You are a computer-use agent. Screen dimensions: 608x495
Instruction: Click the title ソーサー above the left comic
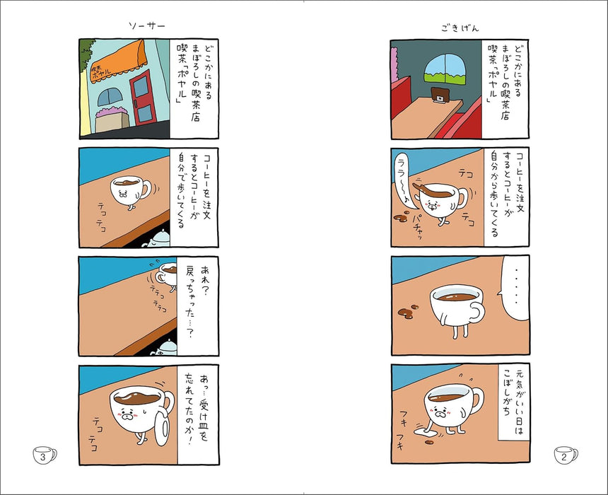pos(147,25)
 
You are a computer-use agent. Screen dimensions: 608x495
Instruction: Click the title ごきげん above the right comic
pos(460,28)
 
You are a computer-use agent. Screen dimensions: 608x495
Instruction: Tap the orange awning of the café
pos(119,62)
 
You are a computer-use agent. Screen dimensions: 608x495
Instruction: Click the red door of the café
pos(143,98)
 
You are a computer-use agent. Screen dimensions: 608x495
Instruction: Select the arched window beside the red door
pos(110,97)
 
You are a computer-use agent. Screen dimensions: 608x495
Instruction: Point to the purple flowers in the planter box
pos(112,111)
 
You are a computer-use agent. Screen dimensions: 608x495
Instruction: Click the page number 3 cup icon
pos(45,455)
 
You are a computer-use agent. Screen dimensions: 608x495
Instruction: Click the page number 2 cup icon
pos(566,455)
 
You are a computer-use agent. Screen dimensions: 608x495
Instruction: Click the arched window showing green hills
pos(445,69)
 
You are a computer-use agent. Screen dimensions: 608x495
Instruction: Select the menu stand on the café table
pos(440,95)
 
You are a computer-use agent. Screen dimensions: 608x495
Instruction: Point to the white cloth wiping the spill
pos(423,431)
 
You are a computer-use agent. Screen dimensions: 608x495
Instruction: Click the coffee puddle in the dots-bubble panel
pos(408,312)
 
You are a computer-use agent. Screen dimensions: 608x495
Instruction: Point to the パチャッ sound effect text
pos(419,226)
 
